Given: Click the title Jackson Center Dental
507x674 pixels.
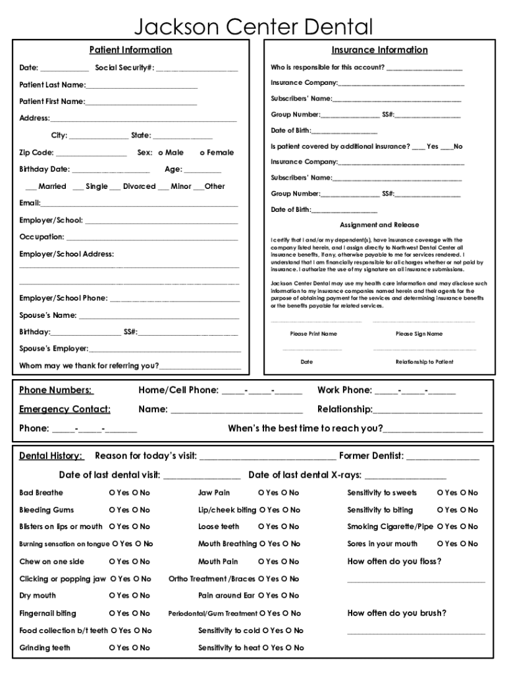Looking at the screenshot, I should click(254, 27).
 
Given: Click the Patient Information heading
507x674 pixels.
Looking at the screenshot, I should click(130, 50).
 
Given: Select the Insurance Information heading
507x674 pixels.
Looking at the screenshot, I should click(379, 50).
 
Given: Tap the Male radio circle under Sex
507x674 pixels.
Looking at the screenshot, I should click(161, 153).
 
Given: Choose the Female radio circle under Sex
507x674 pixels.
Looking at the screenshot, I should click(202, 153).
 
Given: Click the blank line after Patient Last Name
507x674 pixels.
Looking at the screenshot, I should click(142, 86).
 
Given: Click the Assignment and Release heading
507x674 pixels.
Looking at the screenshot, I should click(379, 225).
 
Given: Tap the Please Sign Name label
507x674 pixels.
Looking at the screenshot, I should click(419, 334).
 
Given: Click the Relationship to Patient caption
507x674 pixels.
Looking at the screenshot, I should click(424, 362).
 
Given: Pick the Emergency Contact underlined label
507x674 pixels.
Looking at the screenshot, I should click(65, 409).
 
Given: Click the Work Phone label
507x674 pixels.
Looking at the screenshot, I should click(344, 390).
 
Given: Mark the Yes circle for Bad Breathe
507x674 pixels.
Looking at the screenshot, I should click(112, 493).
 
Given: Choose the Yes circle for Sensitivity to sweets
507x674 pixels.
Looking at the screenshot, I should click(440, 493).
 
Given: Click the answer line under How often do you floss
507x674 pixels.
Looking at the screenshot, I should click(415, 581).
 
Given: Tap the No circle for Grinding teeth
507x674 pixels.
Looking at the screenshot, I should click(136, 648).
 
